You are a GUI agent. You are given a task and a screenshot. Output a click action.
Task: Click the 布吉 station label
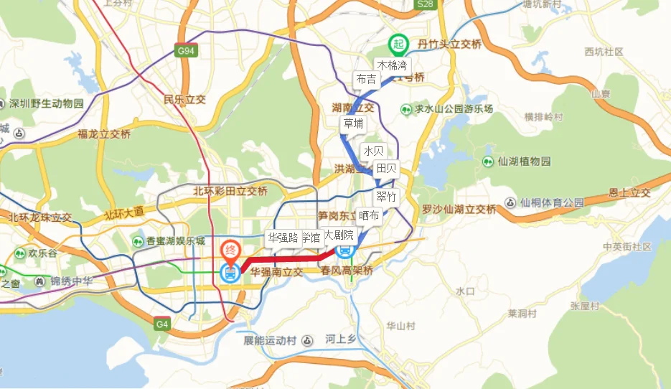(x=366, y=79)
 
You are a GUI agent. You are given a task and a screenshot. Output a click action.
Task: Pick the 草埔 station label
(x=353, y=123)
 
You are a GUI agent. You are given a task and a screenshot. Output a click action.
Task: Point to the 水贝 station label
(x=374, y=151)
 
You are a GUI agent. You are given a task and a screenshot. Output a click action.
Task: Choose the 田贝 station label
(x=386, y=169)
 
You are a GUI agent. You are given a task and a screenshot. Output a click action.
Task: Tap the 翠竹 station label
(x=386, y=197)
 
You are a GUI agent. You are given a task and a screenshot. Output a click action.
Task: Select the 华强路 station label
(x=283, y=238)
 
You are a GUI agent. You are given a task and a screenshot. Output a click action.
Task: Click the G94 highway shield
(x=186, y=51)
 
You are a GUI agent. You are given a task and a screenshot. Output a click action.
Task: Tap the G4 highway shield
(x=162, y=324)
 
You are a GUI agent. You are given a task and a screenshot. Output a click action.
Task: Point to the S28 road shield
(x=426, y=5)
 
